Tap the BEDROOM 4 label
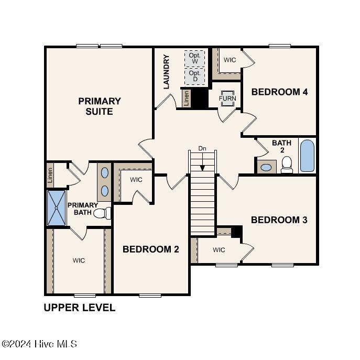click(x=287, y=92)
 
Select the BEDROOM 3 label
click(x=279, y=220)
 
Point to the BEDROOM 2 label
click(x=151, y=249)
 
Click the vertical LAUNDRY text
click(x=167, y=72)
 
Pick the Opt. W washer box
click(x=195, y=58)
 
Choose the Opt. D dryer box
click(x=195, y=76)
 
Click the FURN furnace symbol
click(x=227, y=99)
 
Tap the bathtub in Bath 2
click(x=307, y=156)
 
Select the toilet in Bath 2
click(x=287, y=165)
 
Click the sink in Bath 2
click(x=267, y=168)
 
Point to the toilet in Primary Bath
click(x=107, y=213)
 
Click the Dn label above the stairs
click(x=203, y=149)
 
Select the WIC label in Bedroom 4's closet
click(x=230, y=60)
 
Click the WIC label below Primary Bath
click(x=79, y=260)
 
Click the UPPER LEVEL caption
click(x=79, y=308)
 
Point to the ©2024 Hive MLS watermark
click(x=40, y=344)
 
